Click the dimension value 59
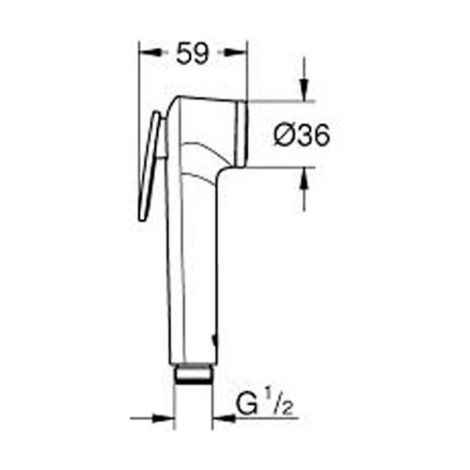coord(192,55)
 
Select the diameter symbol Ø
coord(285,135)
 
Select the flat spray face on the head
coord(242,133)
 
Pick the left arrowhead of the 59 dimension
coord(145,55)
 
